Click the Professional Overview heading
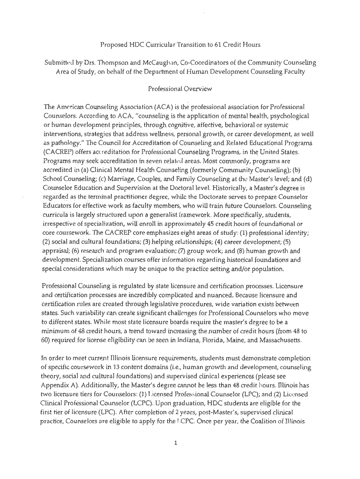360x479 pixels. coord(180,88)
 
